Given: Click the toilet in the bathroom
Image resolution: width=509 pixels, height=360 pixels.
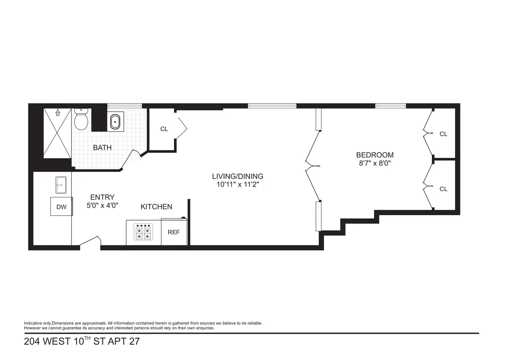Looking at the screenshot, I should click(81, 120).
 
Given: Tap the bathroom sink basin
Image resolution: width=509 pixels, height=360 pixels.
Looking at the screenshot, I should click(115, 122).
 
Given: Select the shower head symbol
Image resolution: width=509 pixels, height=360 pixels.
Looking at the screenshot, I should click(58, 113).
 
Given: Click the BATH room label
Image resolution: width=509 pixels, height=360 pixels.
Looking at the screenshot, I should click(102, 148).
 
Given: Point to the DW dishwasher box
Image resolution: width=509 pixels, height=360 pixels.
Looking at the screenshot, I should click(61, 207).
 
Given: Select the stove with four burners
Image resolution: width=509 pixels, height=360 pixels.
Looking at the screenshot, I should click(143, 233).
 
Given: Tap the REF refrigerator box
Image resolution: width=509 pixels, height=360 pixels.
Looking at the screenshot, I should click(174, 232).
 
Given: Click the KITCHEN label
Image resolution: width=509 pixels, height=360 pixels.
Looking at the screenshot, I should click(156, 207).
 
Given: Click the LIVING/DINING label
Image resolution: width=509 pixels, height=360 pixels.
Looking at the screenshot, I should click(238, 176).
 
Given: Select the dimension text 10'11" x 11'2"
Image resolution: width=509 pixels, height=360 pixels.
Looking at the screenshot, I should click(238, 184).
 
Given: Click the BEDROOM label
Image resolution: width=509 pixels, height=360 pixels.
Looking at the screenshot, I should click(375, 155).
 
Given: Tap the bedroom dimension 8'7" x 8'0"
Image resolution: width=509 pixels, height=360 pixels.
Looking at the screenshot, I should click(375, 163).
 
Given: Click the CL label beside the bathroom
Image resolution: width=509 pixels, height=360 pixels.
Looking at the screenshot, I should click(164, 129).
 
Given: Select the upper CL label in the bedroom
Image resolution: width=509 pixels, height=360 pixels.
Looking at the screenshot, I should click(443, 134).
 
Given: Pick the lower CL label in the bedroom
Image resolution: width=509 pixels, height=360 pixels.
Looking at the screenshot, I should click(443, 189).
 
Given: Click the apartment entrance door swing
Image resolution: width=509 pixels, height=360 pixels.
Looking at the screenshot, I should click(90, 242).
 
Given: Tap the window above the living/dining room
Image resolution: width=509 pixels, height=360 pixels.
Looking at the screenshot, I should click(272, 106).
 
